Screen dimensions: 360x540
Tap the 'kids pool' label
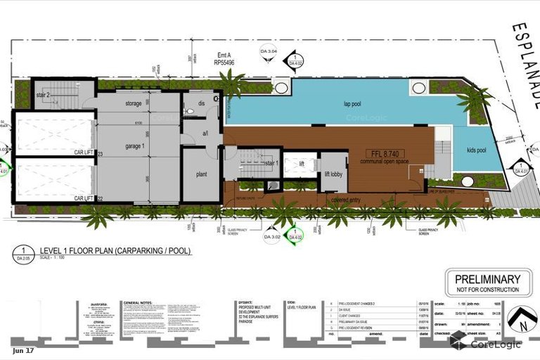(x=478, y=150)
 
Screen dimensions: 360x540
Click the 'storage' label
(x=134, y=103)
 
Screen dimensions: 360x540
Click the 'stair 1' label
(x=271, y=163)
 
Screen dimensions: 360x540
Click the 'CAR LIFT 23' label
(x=89, y=153)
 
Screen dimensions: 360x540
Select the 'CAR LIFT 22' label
(x=89, y=200)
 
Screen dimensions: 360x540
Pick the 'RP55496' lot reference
(x=225, y=62)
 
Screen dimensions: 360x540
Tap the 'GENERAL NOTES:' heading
(x=138, y=302)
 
